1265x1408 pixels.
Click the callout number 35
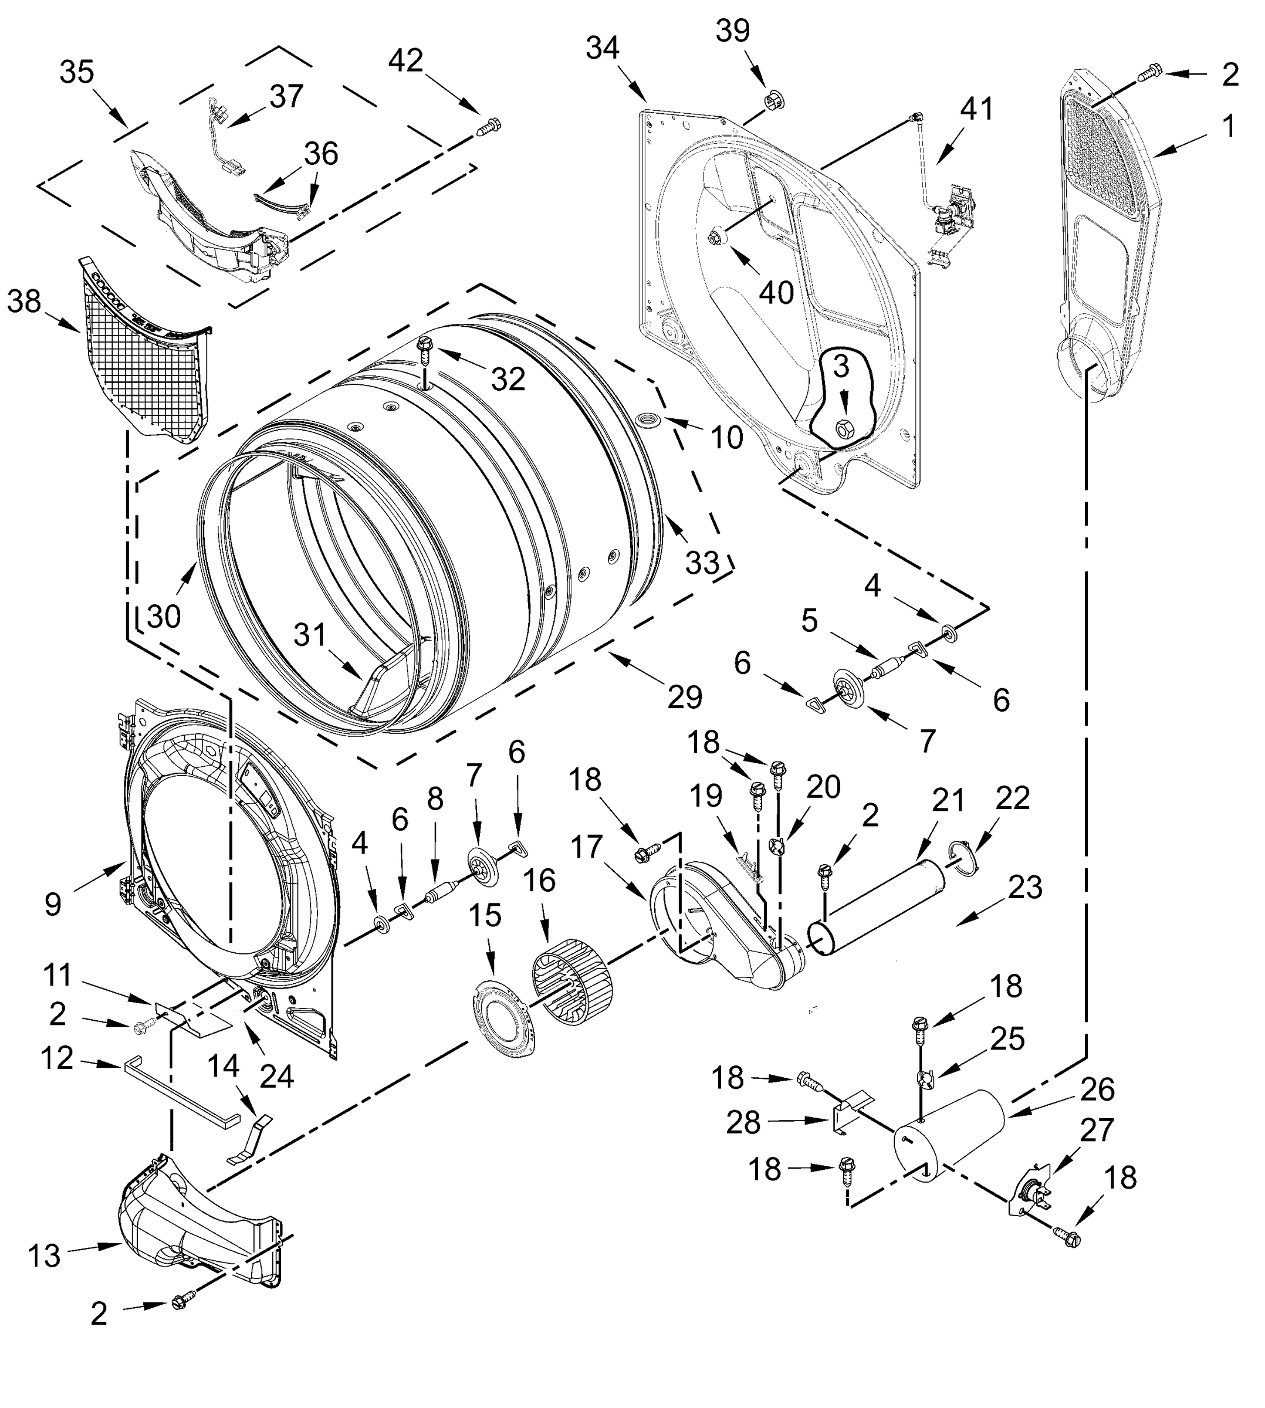(x=76, y=72)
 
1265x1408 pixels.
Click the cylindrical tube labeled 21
(x=877, y=908)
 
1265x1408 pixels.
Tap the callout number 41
(x=976, y=109)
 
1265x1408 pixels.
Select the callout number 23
(x=1025, y=888)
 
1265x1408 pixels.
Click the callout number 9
(x=53, y=903)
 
